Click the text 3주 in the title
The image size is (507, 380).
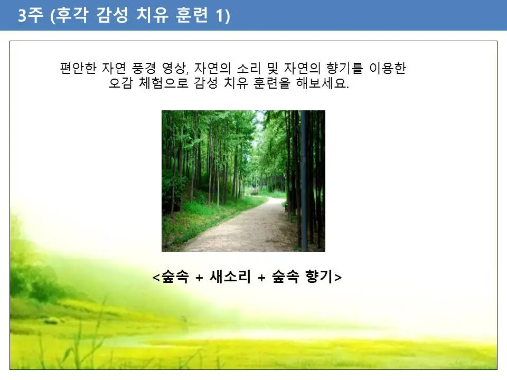tap(29, 16)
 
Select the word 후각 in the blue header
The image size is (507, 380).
tap(72, 16)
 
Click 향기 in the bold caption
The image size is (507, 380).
tap(320, 277)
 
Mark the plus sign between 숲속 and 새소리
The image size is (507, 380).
tap(199, 278)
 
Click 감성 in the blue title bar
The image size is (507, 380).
tap(115, 16)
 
